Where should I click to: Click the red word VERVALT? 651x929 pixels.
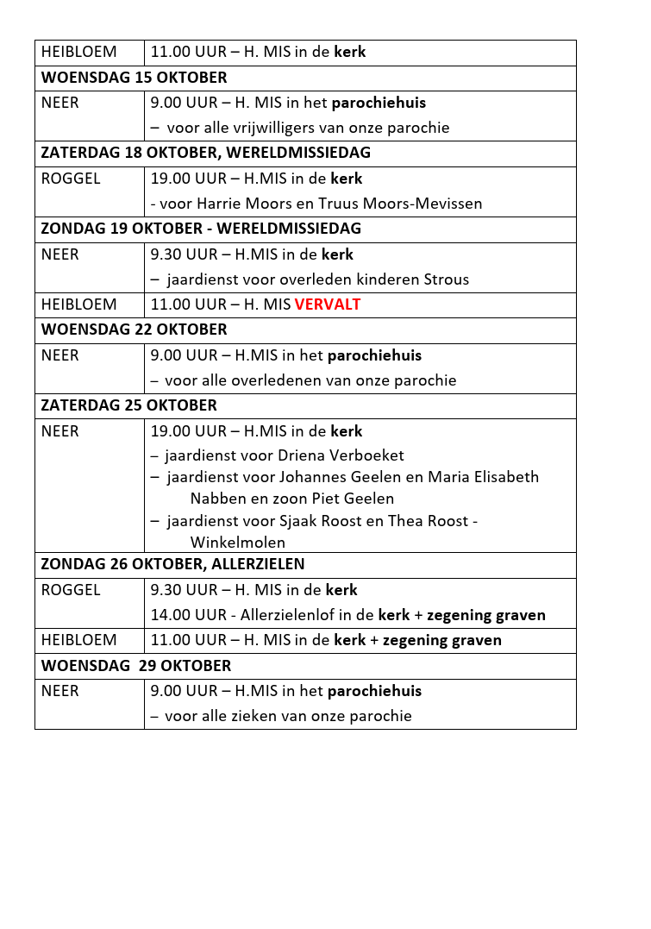pyautogui.click(x=328, y=304)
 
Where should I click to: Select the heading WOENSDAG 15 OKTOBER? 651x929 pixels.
pyautogui.click(x=134, y=78)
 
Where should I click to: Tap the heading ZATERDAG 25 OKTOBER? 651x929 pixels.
pyautogui.click(x=128, y=405)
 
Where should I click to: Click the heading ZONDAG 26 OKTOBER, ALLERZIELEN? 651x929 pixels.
pyautogui.click(x=172, y=564)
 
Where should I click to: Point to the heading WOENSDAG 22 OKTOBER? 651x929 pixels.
pyautogui.click(x=134, y=330)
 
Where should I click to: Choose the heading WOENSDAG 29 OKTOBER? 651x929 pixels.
pyautogui.click(x=136, y=666)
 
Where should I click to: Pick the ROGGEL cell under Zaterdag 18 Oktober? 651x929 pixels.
pyautogui.click(x=71, y=179)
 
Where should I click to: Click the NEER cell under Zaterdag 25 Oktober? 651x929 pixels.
pyautogui.click(x=60, y=431)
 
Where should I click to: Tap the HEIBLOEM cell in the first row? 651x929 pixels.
pyautogui.click(x=78, y=52)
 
